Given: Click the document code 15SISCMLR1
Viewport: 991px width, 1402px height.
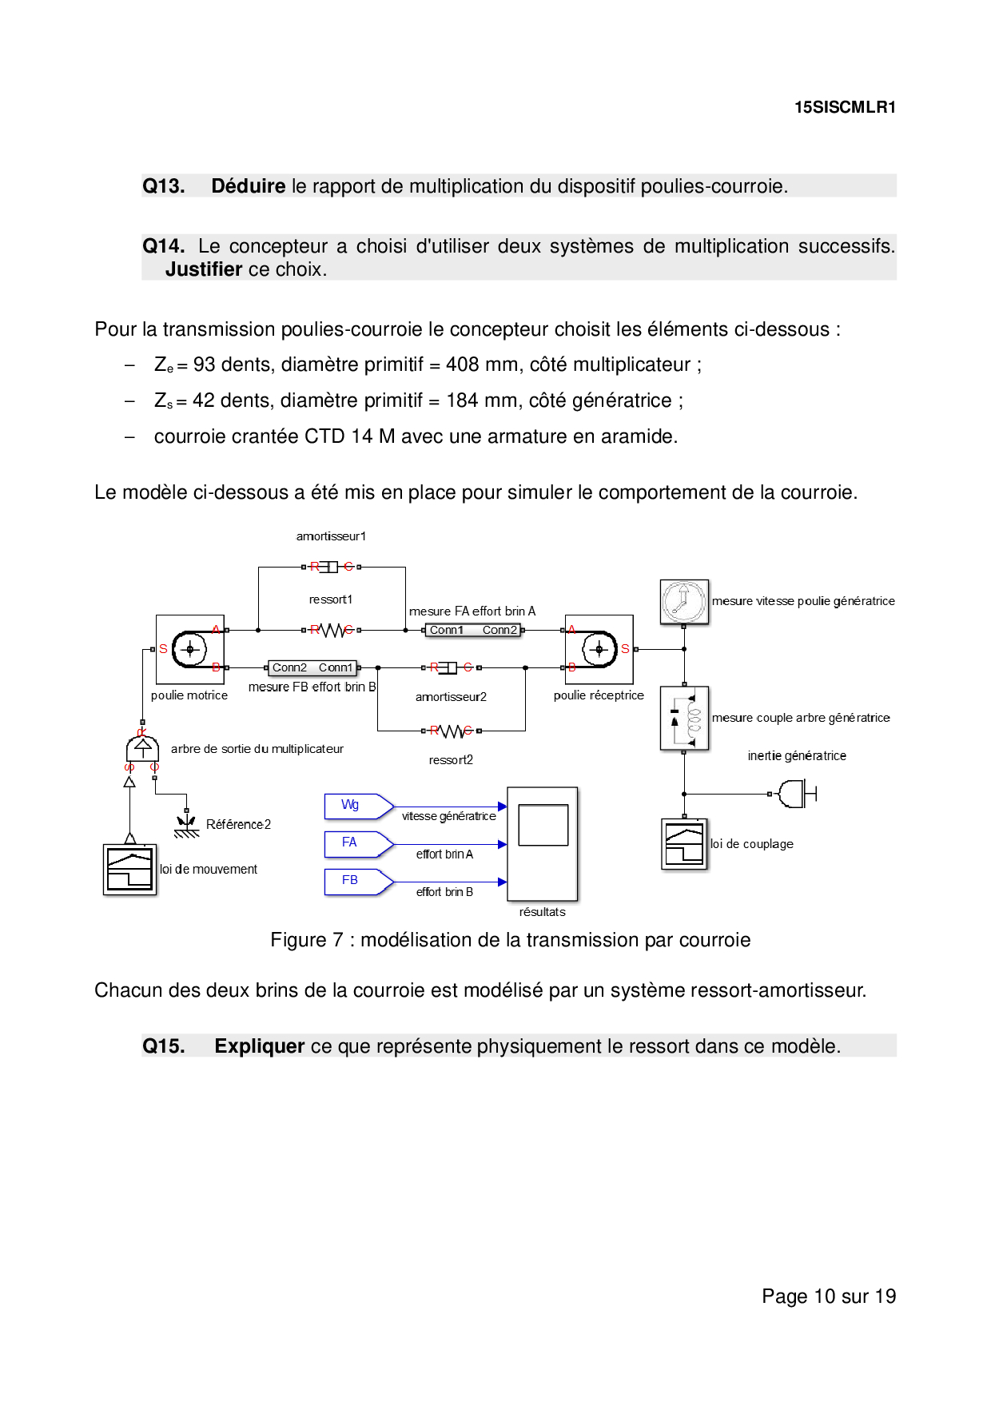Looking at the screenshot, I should [845, 107].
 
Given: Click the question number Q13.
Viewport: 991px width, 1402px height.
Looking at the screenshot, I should [164, 186].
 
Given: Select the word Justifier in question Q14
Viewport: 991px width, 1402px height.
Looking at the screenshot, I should [204, 269].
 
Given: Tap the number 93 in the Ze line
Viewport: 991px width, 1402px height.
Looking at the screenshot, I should [205, 364].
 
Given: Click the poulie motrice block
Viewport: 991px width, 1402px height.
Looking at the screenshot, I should [189, 649].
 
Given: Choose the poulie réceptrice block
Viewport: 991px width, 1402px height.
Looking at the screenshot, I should [599, 649].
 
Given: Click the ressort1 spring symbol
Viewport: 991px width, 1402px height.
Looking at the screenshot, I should [332, 630].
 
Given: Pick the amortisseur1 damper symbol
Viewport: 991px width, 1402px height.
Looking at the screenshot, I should [332, 567].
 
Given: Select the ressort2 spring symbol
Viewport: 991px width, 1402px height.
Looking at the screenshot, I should [452, 731].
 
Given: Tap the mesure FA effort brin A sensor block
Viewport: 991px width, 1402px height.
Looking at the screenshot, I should [473, 630].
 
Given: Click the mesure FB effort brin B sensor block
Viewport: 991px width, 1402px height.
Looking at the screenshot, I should [312, 667].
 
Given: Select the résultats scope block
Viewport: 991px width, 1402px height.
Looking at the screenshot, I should [543, 843].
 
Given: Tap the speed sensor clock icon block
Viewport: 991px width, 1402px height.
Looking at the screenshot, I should [684, 602].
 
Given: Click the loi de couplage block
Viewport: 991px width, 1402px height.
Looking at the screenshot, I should [684, 843].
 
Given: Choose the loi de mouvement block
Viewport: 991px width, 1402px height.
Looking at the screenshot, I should [129, 869].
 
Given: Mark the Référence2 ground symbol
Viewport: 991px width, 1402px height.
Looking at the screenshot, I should [186, 825].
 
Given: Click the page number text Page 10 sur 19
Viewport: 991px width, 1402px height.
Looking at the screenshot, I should [829, 1296].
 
